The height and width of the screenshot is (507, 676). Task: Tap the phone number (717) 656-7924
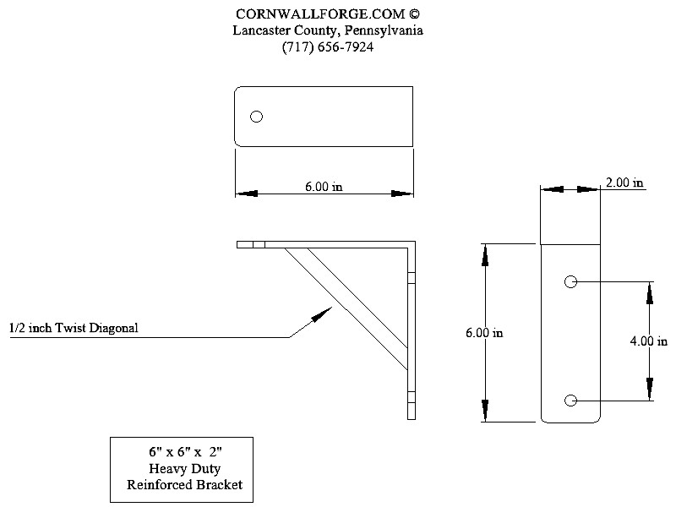point(328,47)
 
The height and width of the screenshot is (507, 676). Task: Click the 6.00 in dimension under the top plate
point(324,187)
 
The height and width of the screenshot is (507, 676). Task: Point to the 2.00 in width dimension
point(624,183)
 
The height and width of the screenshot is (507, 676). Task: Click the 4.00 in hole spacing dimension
point(650,342)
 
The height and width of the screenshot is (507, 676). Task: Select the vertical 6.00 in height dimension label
point(484,333)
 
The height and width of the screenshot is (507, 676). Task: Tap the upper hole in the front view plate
point(570,281)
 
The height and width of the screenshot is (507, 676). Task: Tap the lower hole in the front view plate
point(570,400)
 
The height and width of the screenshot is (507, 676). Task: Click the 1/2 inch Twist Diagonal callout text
point(74,328)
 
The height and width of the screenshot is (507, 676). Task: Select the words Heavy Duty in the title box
point(183,468)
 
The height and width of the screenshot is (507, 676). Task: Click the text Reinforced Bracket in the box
point(183,484)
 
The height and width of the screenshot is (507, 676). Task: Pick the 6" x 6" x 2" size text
point(183,451)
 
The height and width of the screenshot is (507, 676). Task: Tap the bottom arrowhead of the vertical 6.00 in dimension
point(486,413)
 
